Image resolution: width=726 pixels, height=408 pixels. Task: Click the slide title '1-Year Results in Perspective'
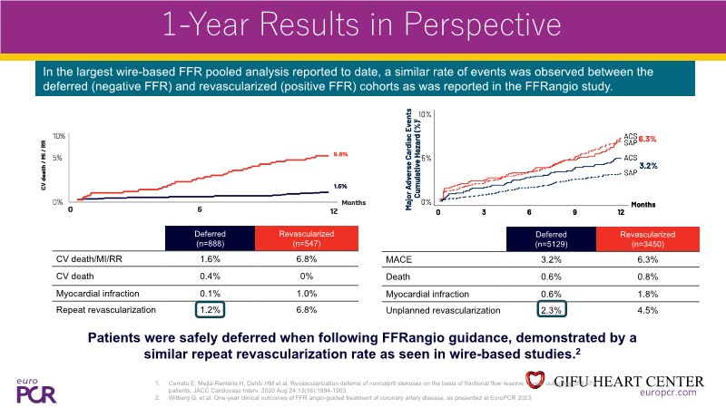(x=363, y=25)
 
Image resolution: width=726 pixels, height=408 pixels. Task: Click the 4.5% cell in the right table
(x=651, y=310)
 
